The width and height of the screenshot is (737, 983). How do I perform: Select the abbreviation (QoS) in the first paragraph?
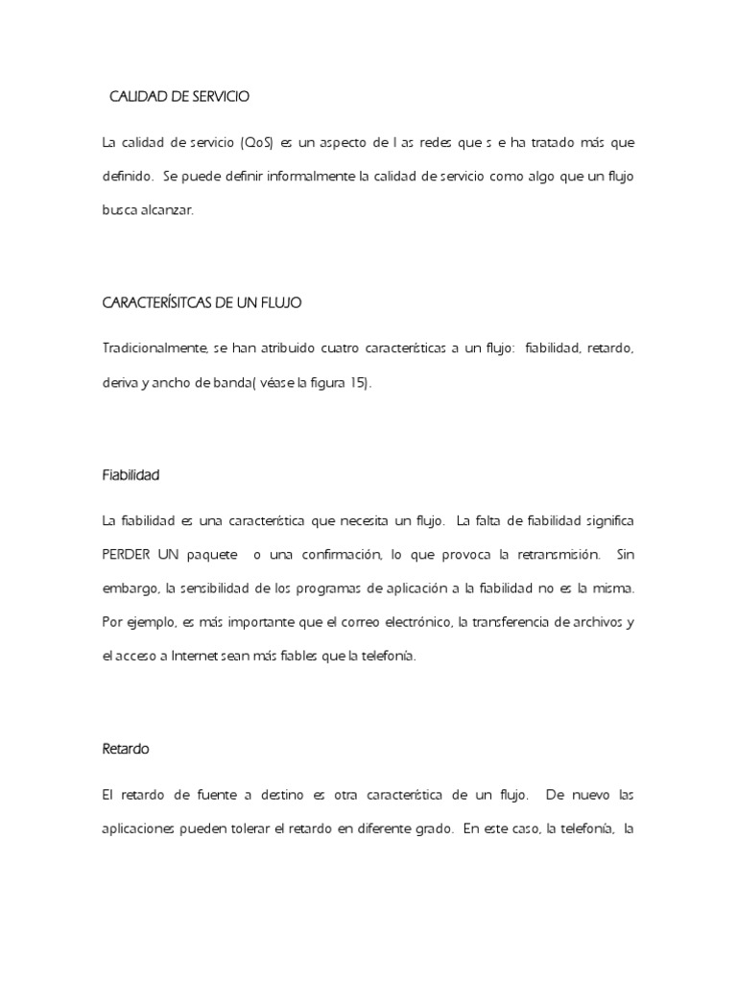point(258,143)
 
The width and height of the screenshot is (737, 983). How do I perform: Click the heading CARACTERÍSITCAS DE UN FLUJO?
point(202,303)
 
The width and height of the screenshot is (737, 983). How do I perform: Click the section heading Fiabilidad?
point(131,474)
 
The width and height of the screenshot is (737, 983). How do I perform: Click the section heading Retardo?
point(125,749)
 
